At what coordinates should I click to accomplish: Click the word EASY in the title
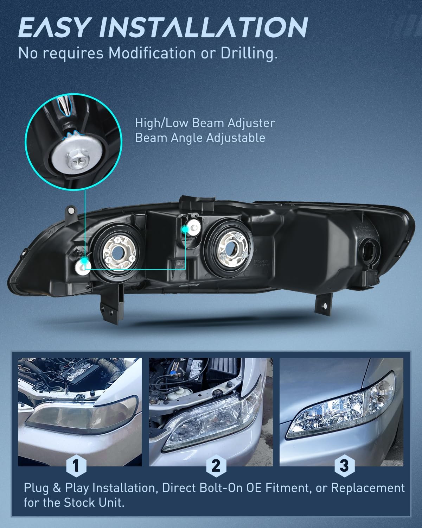53,27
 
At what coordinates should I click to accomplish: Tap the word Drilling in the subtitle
249,53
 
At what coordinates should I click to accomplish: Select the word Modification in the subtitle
152,53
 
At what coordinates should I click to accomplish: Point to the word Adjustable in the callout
235,138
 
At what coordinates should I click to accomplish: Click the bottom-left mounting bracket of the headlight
111,304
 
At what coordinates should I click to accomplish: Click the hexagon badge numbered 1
76,466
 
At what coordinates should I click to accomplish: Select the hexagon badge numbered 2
216,466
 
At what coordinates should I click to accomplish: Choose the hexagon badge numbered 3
345,466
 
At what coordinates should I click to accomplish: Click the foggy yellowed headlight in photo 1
81,415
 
